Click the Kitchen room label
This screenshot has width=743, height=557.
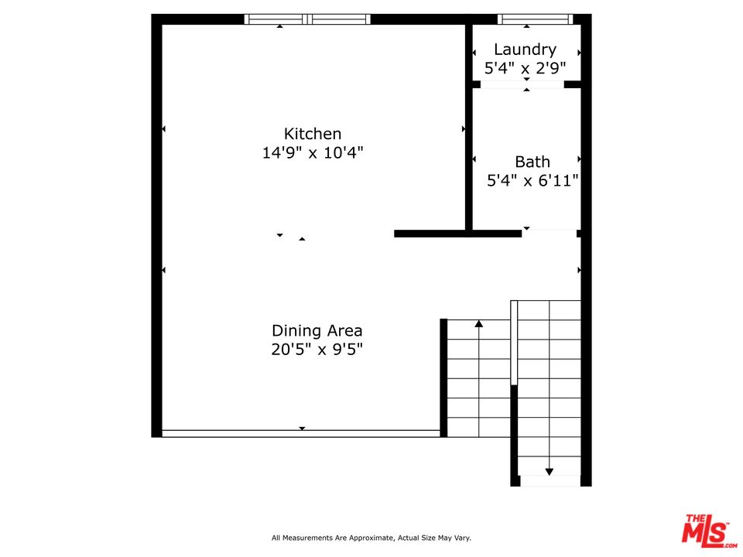[312, 134]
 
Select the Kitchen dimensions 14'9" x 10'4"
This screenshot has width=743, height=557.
[313, 152]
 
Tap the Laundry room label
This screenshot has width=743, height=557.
[525, 50]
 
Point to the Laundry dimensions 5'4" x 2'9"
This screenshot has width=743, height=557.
[525, 68]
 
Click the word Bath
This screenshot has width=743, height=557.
[532, 162]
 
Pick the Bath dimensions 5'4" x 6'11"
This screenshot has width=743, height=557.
[532, 180]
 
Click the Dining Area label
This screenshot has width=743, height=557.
[317, 330]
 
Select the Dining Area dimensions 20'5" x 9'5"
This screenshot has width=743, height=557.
[317, 350]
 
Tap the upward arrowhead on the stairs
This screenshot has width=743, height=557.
[478, 324]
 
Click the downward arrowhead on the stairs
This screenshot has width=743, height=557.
[550, 472]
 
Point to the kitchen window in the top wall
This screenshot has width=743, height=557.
[307, 19]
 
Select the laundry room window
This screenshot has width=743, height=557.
[535, 19]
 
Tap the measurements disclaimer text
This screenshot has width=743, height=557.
[371, 538]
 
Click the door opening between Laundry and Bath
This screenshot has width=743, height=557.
[522, 84]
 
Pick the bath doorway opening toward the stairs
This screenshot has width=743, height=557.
[550, 233]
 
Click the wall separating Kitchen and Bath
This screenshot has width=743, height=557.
[469, 127]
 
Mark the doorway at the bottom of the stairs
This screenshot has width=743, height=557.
[550, 480]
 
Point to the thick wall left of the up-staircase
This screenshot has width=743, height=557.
[443, 378]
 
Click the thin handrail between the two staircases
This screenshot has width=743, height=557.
[514, 343]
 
